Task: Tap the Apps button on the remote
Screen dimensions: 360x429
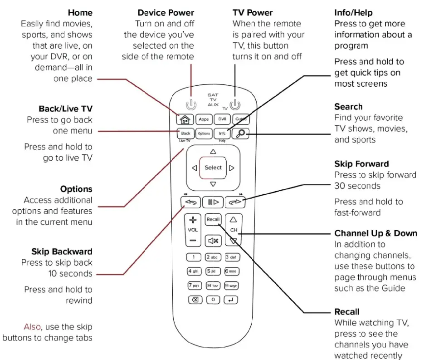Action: click(204, 119)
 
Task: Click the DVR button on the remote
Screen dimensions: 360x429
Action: click(222, 119)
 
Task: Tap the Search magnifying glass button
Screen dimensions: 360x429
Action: click(240, 133)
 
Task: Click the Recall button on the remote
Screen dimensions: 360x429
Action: click(213, 219)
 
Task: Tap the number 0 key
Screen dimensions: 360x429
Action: click(213, 300)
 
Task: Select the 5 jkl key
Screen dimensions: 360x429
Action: click(213, 271)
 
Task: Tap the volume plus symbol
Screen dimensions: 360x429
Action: click(193, 220)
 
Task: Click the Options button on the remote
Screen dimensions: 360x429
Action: click(204, 133)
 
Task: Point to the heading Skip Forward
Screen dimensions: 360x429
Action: click(361, 164)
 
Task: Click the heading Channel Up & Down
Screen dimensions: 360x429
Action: click(375, 233)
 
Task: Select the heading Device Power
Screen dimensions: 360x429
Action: click(166, 13)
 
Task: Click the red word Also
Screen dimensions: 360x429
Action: click(33, 327)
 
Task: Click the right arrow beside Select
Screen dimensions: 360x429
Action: click(232, 168)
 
